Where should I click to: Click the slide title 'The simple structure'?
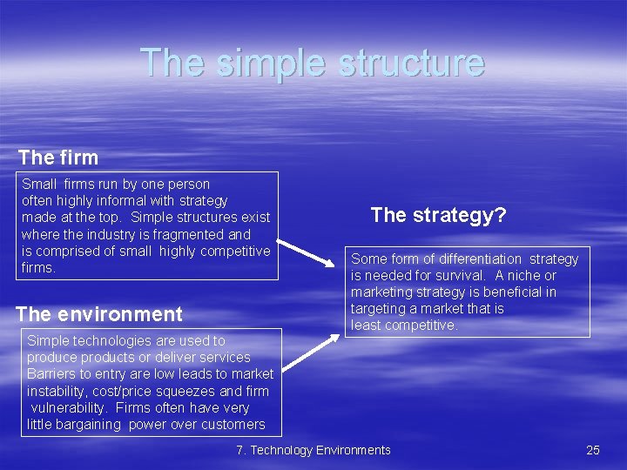(x=313, y=63)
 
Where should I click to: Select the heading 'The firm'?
(x=58, y=158)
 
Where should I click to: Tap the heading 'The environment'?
(x=99, y=314)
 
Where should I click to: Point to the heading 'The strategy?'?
(x=438, y=215)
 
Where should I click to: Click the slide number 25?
(x=593, y=450)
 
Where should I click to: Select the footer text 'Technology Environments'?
(x=321, y=450)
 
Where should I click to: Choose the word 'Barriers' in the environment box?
(x=53, y=374)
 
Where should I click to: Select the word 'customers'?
(x=234, y=424)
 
